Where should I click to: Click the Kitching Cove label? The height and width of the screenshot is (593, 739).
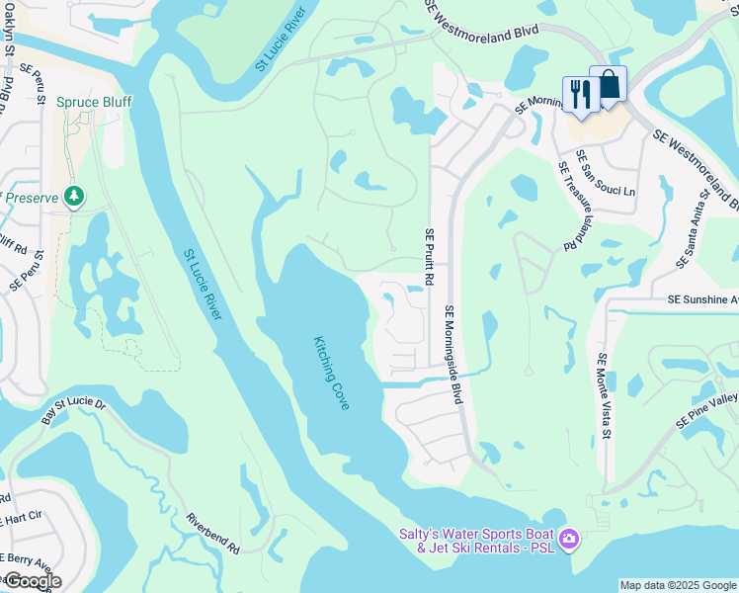pyautogui.click(x=332, y=374)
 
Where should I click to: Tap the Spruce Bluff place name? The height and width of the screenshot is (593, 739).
pyautogui.click(x=94, y=102)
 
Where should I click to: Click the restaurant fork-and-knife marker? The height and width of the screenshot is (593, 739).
pyautogui.click(x=580, y=95)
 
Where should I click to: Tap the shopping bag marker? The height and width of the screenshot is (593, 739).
pyautogui.click(x=609, y=84)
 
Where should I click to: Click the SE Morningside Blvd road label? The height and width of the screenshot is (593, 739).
pyautogui.click(x=453, y=354)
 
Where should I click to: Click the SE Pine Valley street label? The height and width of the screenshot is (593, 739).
pyautogui.click(x=707, y=410)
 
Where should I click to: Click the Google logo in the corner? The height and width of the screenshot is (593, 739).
pyautogui.click(x=32, y=580)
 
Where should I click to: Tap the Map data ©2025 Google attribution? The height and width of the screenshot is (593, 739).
pyautogui.click(x=678, y=585)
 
